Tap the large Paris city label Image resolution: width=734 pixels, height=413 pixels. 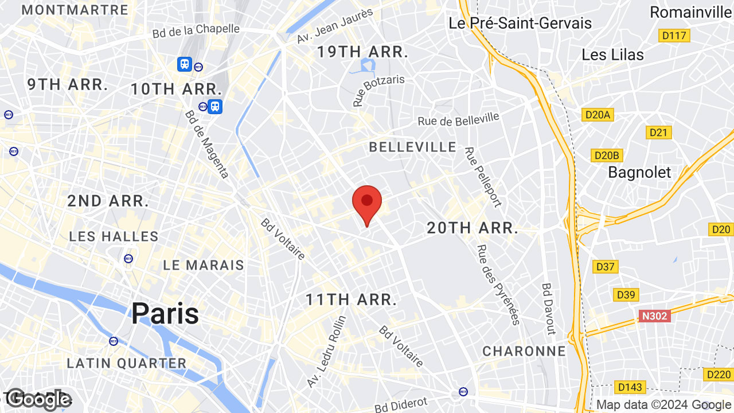(165, 313)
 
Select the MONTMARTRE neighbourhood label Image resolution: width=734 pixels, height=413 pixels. (75, 10)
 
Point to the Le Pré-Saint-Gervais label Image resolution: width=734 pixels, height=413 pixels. (520, 23)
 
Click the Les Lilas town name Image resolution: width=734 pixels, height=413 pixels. (612, 54)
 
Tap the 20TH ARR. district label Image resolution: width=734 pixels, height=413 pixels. (473, 228)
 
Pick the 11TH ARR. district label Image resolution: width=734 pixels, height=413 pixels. (351, 299)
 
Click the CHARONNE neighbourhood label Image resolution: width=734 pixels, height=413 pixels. (524, 351)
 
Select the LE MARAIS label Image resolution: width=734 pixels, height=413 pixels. (204, 265)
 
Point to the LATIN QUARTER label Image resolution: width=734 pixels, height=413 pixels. (127, 363)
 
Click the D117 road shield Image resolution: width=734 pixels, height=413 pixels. (674, 36)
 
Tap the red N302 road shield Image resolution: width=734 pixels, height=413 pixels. (654, 315)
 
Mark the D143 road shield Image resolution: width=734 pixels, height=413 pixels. (630, 387)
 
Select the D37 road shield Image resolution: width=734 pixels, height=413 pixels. (605, 266)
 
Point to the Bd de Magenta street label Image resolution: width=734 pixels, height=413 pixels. (207, 143)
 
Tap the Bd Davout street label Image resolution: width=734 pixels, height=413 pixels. (549, 308)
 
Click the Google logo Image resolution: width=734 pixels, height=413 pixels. (38, 400)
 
